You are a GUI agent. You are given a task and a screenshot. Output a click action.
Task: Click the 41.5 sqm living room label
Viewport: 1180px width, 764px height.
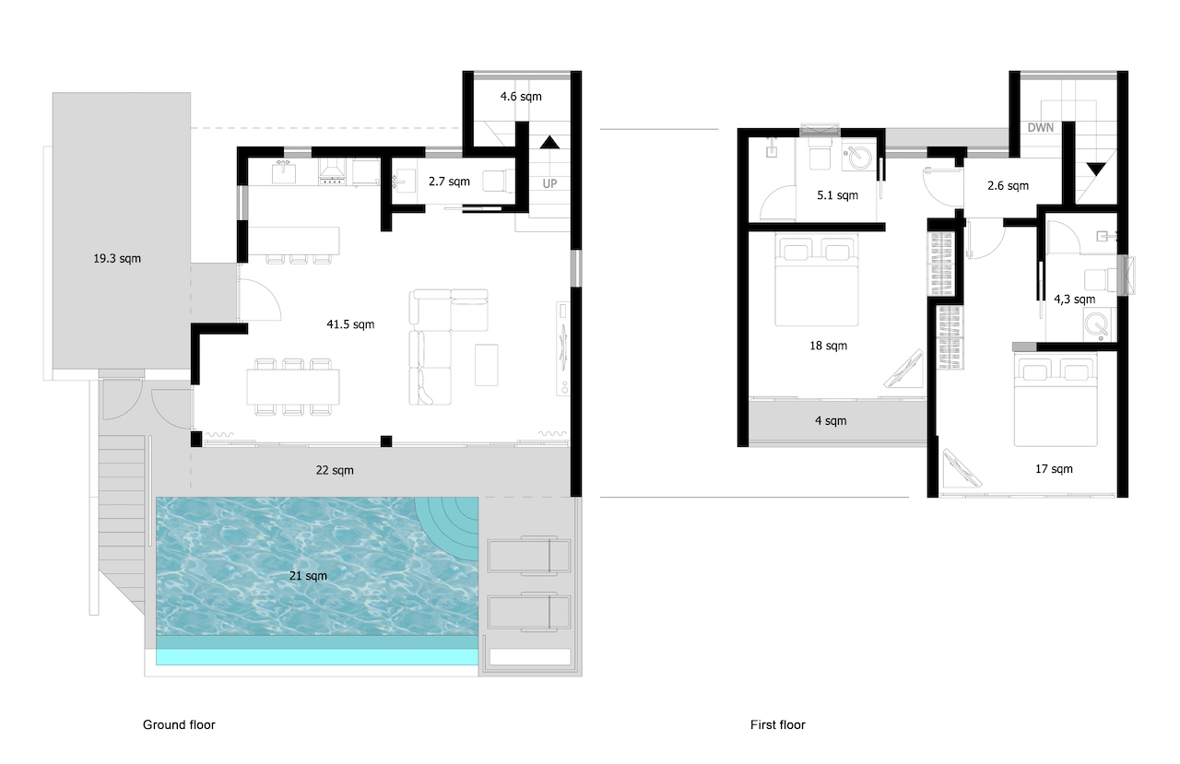point(350,324)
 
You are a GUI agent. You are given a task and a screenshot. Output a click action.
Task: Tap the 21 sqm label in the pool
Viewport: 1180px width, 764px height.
point(308,576)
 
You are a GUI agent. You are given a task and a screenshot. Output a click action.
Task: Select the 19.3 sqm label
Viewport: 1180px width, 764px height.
point(117,259)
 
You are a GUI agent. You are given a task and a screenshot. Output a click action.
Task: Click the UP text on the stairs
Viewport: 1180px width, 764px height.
point(549,183)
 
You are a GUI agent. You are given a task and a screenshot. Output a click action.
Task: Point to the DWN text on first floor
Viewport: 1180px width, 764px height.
point(1040,128)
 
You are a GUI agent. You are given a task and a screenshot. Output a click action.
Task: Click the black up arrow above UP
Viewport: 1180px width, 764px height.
point(549,142)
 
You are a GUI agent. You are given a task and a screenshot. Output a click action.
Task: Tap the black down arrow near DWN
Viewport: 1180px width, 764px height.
point(1094,170)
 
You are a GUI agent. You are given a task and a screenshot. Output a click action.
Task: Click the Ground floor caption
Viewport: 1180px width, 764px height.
point(179,725)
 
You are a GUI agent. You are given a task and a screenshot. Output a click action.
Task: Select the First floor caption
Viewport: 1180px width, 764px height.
point(777,725)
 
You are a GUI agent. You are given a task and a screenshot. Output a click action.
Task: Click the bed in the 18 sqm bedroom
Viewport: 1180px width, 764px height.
point(817,280)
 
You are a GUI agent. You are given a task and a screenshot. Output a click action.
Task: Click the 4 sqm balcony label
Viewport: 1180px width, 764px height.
point(830,421)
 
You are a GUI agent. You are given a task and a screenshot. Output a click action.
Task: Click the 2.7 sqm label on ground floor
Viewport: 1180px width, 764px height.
point(449,182)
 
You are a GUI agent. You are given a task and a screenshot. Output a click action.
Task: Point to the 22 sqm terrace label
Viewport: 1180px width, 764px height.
point(334,471)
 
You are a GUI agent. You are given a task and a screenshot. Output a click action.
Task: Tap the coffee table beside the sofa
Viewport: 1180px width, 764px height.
point(487,364)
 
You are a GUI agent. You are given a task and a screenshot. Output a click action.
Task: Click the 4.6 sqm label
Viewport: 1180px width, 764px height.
point(520,97)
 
